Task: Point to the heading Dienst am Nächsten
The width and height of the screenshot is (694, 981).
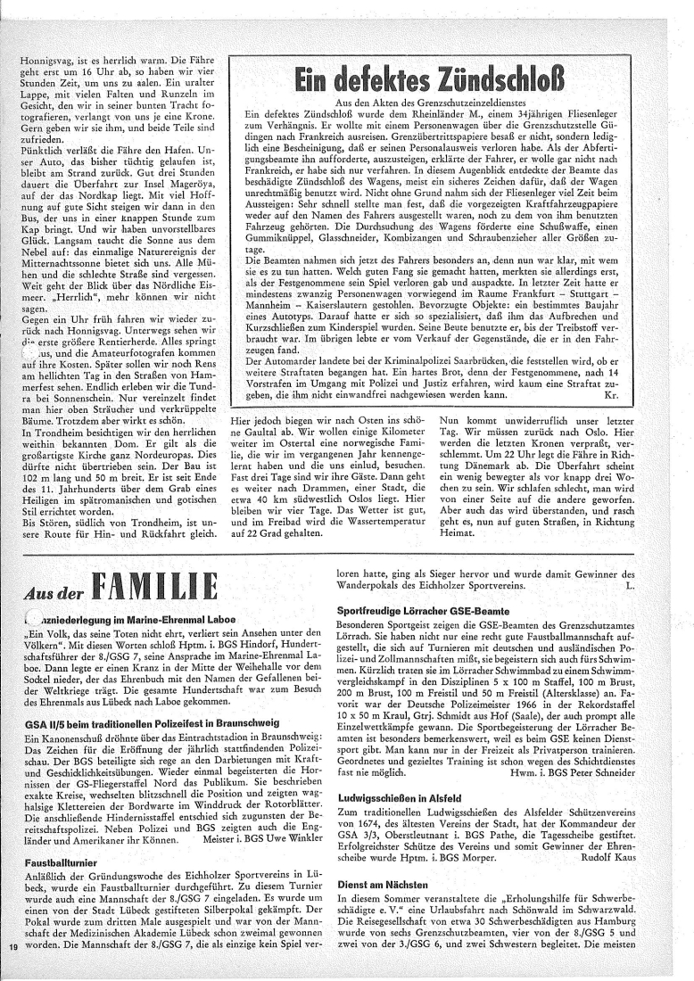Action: tap(383, 883)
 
